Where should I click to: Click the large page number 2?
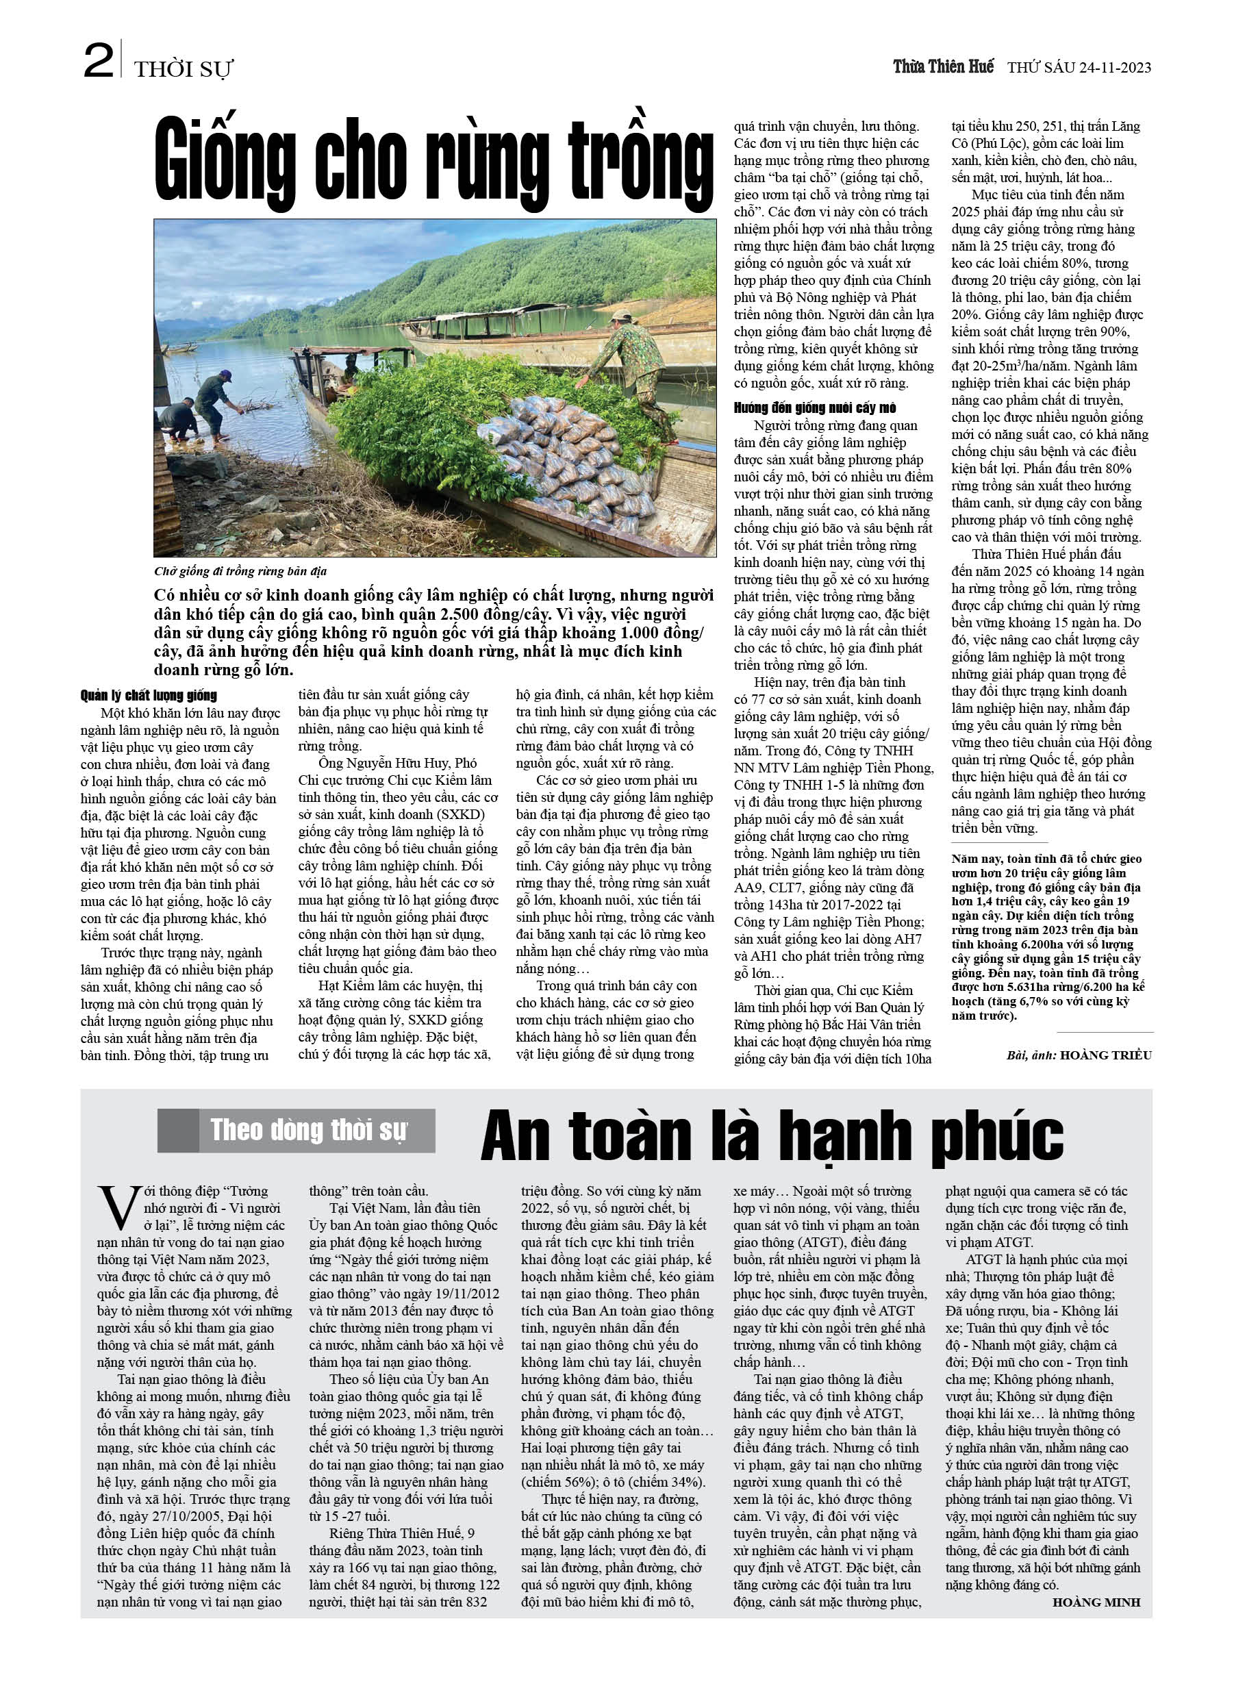pyautogui.click(x=98, y=62)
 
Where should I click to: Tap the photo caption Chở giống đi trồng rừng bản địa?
pyautogui.click(x=240, y=572)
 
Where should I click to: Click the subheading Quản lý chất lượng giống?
pyautogui.click(x=149, y=696)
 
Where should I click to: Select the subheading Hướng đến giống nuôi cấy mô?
pyautogui.click(x=814, y=408)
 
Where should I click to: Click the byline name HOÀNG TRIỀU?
pyautogui.click(x=1105, y=1055)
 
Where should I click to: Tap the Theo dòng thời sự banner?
pyautogui.click(x=308, y=1131)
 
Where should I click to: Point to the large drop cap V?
pyautogui.click(x=118, y=1207)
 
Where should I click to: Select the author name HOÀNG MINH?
pyautogui.click(x=1096, y=1602)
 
